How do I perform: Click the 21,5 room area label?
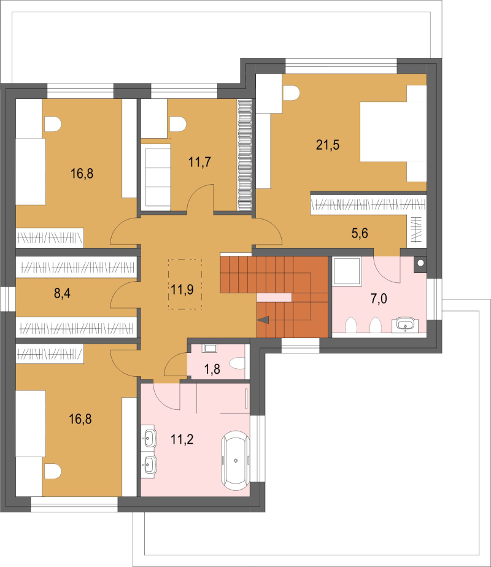[x=328, y=145]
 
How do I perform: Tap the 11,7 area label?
[x=199, y=162]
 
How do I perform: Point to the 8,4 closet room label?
[x=62, y=293]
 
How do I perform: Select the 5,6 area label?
[x=360, y=233]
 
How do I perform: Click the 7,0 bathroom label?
[x=379, y=299]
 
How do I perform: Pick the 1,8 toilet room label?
[x=212, y=369]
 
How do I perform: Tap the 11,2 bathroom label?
[x=182, y=439]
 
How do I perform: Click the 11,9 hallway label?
[x=182, y=289]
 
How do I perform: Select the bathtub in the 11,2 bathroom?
[x=236, y=460]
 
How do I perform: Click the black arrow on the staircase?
[x=263, y=320]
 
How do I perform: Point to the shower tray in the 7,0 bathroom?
[x=347, y=271]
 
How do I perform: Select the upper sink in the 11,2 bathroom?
[x=149, y=439]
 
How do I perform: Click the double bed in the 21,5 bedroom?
[x=393, y=133]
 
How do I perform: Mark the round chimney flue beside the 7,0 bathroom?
[x=420, y=263]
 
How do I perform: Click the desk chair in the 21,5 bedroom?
[x=292, y=93]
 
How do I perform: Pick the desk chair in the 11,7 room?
[x=177, y=124]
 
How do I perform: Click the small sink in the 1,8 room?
[x=210, y=349]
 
